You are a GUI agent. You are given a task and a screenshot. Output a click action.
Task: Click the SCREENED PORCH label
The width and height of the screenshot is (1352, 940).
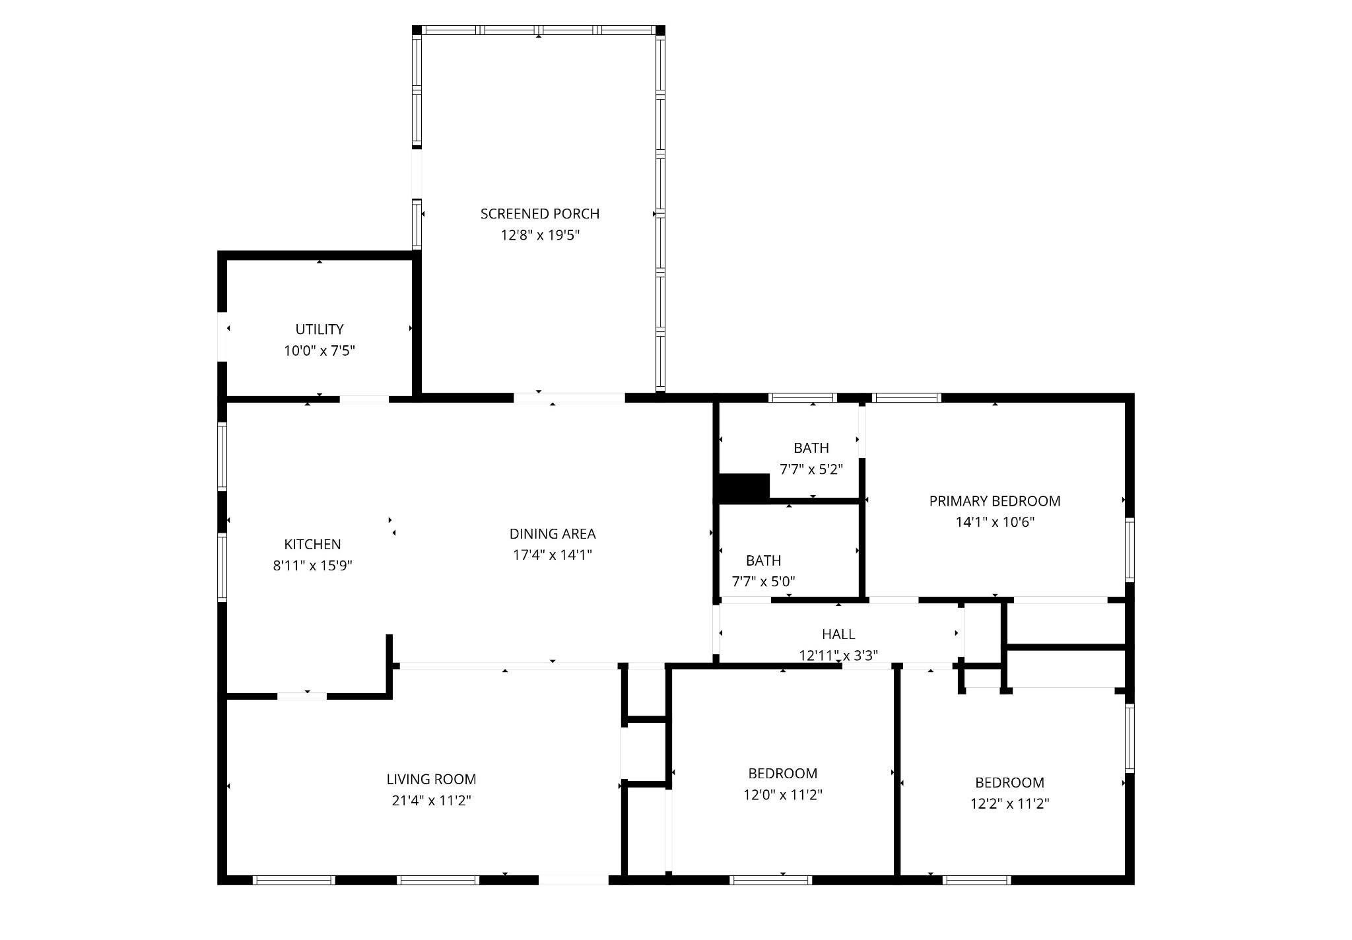pyautogui.click(x=540, y=214)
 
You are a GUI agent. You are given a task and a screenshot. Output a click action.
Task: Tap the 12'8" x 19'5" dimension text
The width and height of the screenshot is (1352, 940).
pyautogui.click(x=540, y=235)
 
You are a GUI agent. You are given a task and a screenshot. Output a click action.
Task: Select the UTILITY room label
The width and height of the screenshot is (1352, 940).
pyautogui.click(x=320, y=329)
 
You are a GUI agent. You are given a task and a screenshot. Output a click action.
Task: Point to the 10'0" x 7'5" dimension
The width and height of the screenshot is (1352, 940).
pyautogui.click(x=320, y=351)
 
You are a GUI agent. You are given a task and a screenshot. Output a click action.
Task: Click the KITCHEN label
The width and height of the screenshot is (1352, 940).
pyautogui.click(x=312, y=545)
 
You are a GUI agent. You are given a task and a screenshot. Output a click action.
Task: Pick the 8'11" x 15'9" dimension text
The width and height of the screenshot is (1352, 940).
pyautogui.click(x=312, y=566)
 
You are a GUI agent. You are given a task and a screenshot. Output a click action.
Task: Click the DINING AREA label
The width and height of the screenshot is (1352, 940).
pyautogui.click(x=553, y=534)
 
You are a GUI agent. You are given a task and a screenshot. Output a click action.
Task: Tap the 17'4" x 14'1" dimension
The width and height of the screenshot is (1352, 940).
pyautogui.click(x=553, y=555)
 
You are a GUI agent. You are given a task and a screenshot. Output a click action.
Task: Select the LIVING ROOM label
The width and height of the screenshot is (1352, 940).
pyautogui.click(x=431, y=780)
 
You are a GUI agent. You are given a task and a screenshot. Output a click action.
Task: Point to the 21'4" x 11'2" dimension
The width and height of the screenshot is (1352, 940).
pyautogui.click(x=431, y=801)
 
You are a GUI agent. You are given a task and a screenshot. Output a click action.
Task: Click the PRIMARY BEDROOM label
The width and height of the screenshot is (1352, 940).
pyautogui.click(x=995, y=501)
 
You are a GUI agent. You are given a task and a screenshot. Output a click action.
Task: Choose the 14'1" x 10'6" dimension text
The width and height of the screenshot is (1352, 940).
pyautogui.click(x=995, y=522)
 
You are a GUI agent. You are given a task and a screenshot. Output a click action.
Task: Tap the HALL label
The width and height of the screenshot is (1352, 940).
pyautogui.click(x=838, y=634)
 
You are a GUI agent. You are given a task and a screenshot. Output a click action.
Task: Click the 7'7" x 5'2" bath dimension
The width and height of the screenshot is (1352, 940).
pyautogui.click(x=811, y=469)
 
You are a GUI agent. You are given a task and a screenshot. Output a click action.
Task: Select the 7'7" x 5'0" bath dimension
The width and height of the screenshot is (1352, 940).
pyautogui.click(x=764, y=582)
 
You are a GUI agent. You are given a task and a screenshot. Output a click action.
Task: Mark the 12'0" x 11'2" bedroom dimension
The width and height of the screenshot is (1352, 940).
pyautogui.click(x=783, y=795)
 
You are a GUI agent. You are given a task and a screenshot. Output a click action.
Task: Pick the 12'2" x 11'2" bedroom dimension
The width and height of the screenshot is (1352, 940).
pyautogui.click(x=1010, y=804)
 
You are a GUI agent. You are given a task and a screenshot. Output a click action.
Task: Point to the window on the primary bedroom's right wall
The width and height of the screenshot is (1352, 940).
pyautogui.click(x=1130, y=550)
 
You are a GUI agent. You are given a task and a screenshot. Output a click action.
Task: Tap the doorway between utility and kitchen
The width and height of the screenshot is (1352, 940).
pyautogui.click(x=364, y=399)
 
